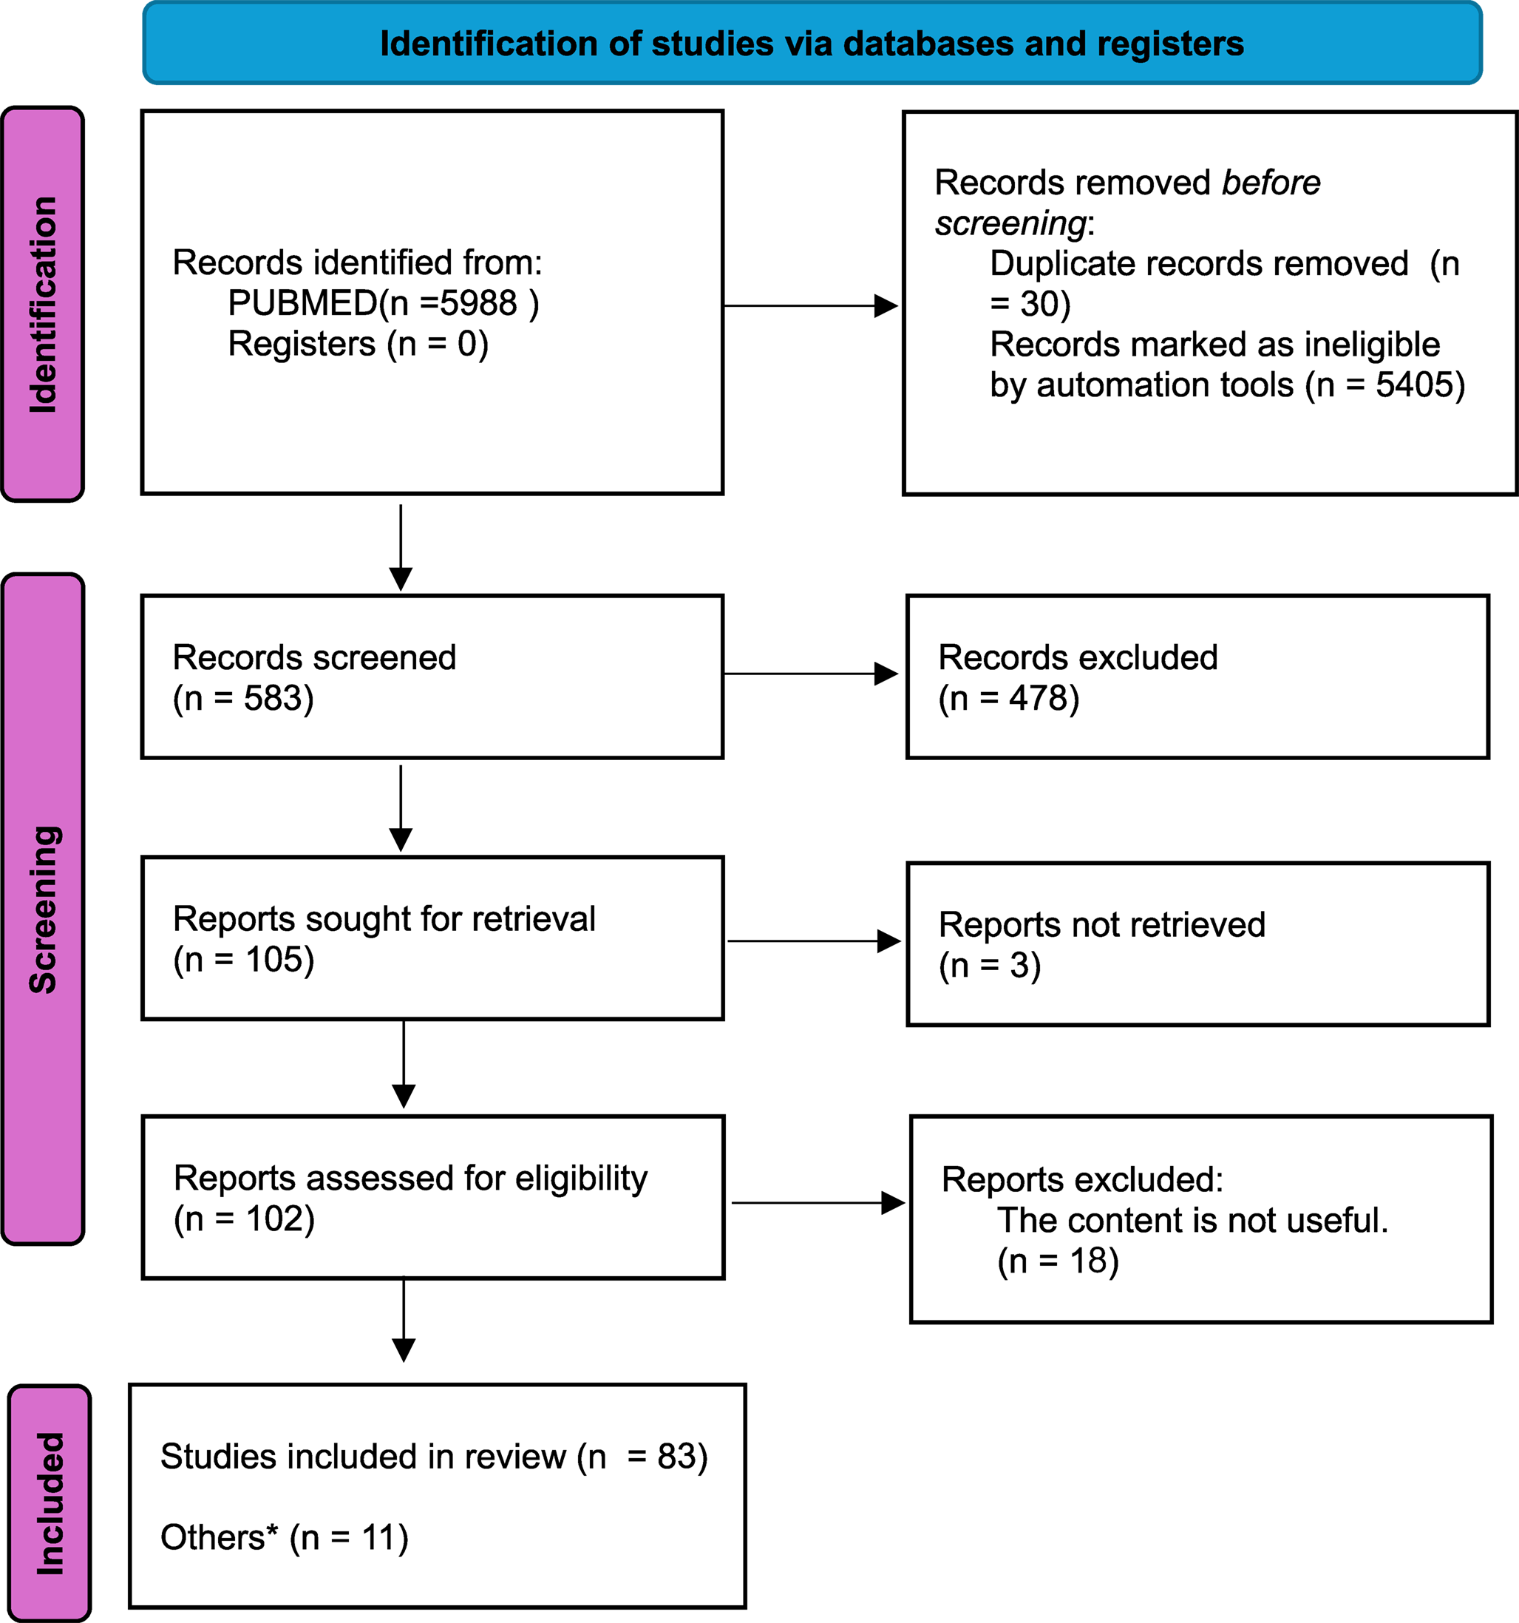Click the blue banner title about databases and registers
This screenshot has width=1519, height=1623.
click(x=812, y=44)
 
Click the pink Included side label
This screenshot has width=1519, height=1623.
click(x=49, y=1503)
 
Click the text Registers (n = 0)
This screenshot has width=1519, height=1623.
click(x=358, y=344)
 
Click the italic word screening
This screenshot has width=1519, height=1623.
click(x=1010, y=223)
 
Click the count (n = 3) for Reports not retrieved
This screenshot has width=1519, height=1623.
click(x=989, y=966)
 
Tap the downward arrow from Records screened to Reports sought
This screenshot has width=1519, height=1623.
click(x=400, y=808)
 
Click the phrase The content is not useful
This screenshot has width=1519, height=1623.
click(x=1192, y=1221)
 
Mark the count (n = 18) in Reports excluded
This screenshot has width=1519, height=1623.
click(x=1058, y=1261)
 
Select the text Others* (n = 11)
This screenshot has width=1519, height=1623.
click(x=284, y=1537)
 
